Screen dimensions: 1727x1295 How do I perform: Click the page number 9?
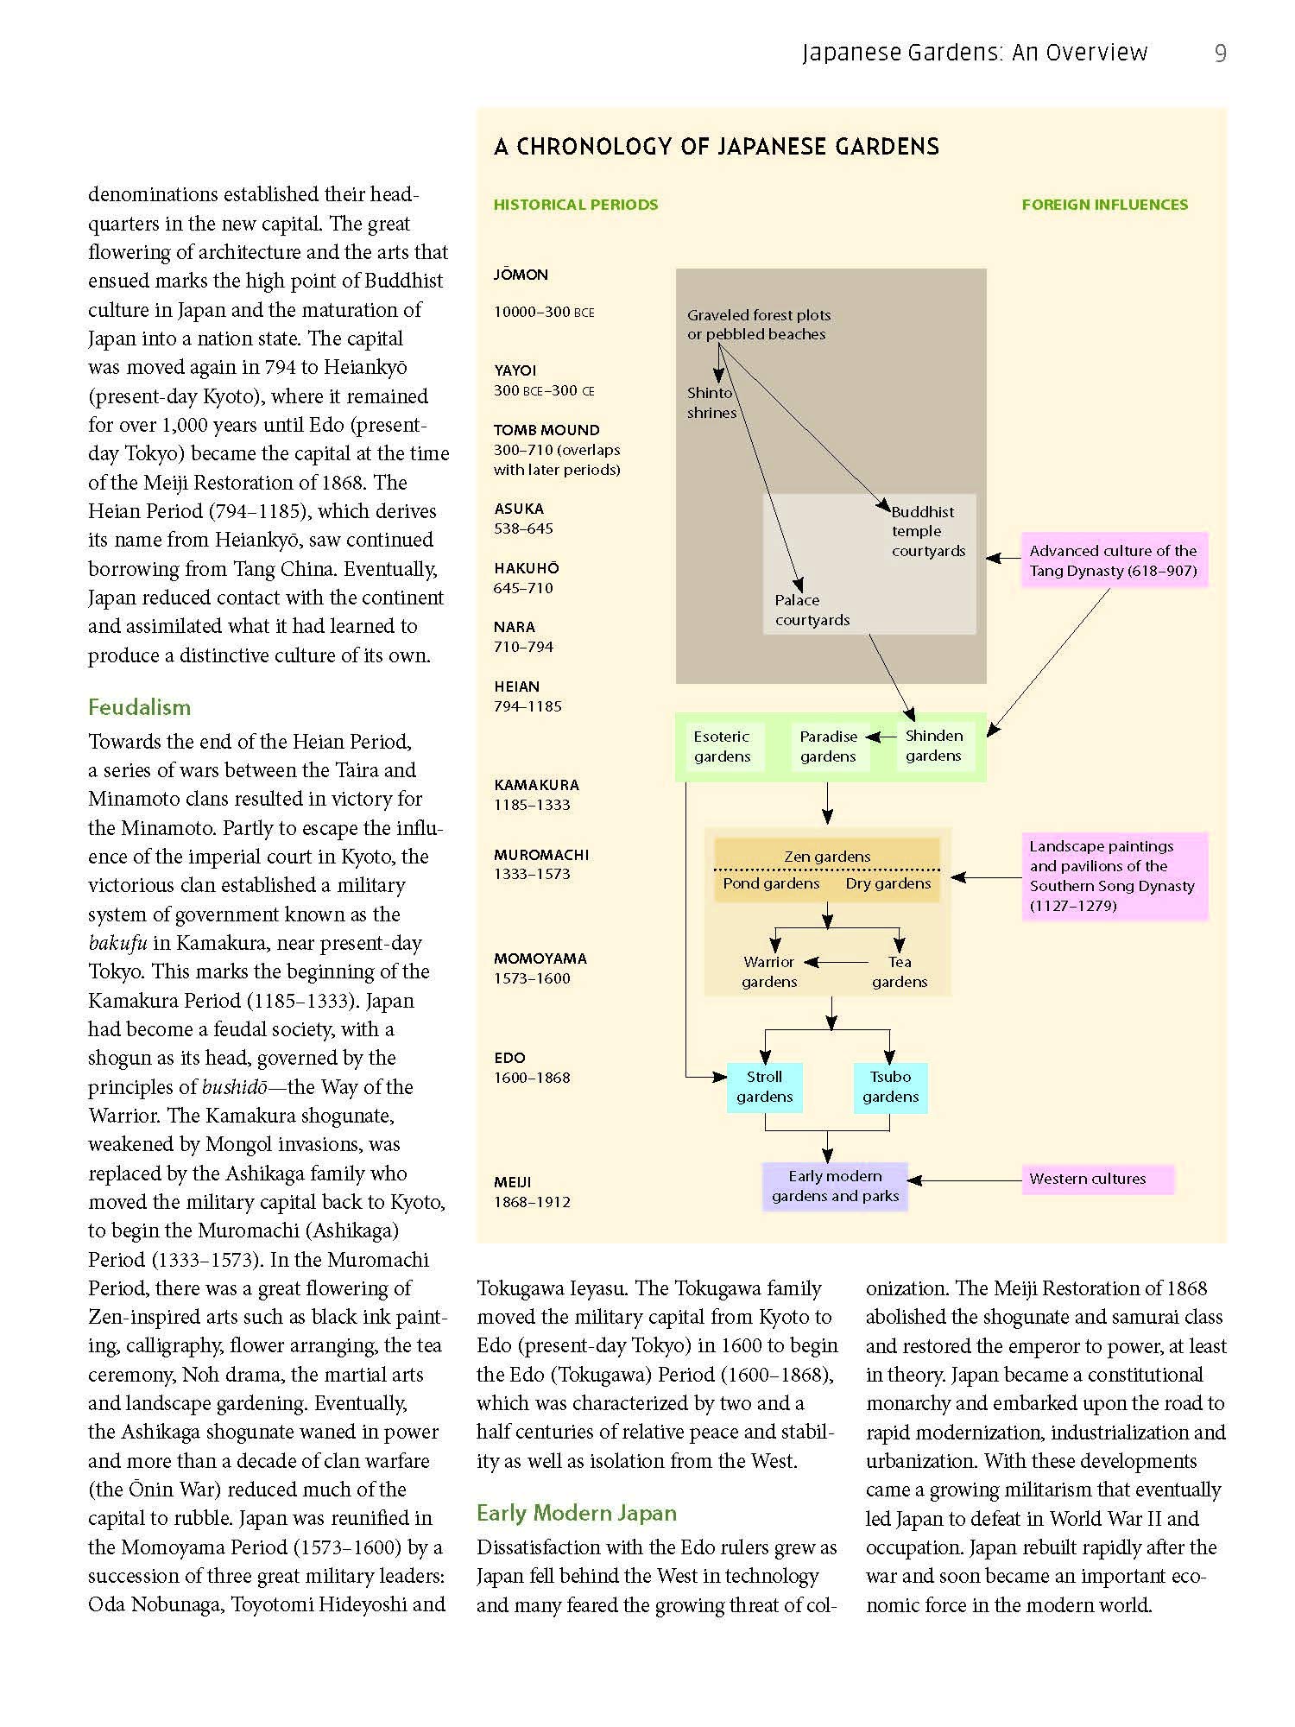[1220, 54]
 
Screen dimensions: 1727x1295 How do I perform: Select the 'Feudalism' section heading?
[139, 707]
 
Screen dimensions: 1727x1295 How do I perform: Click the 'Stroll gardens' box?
[764, 1087]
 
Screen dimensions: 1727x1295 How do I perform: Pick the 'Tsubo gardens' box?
[890, 1087]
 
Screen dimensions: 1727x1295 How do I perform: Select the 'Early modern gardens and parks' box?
[835, 1186]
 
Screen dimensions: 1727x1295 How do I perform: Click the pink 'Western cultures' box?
[1097, 1180]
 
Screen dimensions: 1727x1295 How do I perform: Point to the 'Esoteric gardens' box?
[722, 747]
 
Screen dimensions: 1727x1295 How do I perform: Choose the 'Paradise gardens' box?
[828, 747]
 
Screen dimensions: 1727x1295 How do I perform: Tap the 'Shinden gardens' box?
[933, 746]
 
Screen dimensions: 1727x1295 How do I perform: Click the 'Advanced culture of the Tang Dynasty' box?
[1114, 560]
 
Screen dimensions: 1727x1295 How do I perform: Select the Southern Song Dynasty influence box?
[1114, 876]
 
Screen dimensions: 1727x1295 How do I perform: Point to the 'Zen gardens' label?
[827, 857]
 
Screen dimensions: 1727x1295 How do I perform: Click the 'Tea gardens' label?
[900, 971]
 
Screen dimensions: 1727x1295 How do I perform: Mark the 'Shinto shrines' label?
[711, 402]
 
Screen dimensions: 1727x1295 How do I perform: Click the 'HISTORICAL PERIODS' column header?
[576, 205]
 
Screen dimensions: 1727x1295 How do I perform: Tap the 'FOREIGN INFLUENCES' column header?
[1104, 205]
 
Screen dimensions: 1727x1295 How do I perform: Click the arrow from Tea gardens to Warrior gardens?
[837, 962]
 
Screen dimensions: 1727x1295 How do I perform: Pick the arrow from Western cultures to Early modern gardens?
[964, 1180]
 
